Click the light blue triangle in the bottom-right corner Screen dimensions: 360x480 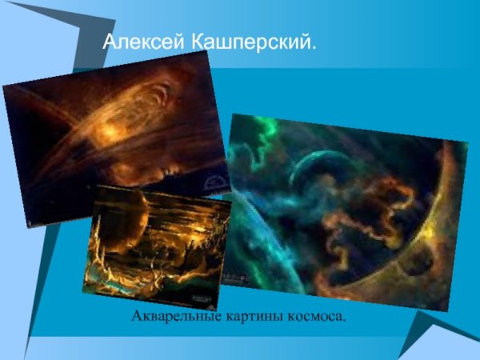click(448, 340)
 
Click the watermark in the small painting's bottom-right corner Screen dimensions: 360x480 click(200, 298)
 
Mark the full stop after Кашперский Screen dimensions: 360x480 click(314, 50)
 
